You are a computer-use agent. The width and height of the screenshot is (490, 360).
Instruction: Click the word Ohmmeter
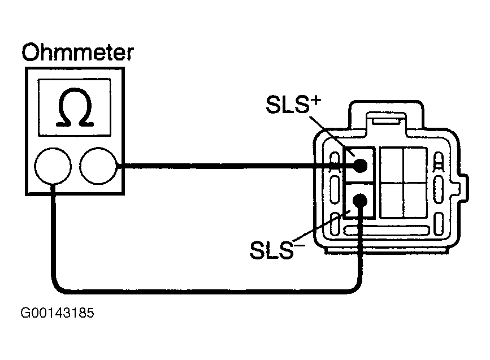click(x=78, y=53)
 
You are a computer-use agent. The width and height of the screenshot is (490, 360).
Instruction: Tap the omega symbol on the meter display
click(x=75, y=107)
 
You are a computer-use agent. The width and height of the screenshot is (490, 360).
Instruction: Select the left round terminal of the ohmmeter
click(x=53, y=166)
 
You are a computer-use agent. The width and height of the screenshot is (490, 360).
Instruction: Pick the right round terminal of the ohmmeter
click(x=98, y=166)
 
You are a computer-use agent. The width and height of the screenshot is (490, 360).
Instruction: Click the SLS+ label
click(x=293, y=105)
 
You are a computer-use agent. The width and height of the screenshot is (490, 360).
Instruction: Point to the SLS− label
click(x=277, y=249)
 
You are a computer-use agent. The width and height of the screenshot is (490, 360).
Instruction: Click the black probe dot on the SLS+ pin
click(x=361, y=166)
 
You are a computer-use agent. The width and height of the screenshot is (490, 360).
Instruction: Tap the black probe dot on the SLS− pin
click(x=361, y=200)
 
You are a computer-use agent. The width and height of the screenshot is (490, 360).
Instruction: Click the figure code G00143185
click(x=57, y=313)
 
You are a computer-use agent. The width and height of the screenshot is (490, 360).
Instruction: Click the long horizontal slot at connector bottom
click(x=386, y=231)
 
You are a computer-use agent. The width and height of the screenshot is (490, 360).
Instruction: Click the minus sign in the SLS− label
click(x=299, y=246)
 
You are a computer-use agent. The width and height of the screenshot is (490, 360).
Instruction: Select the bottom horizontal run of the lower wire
click(x=206, y=292)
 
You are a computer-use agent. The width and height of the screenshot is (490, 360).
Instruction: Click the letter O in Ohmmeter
click(x=31, y=53)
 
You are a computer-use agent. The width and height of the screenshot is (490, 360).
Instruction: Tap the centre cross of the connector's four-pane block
click(x=404, y=183)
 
